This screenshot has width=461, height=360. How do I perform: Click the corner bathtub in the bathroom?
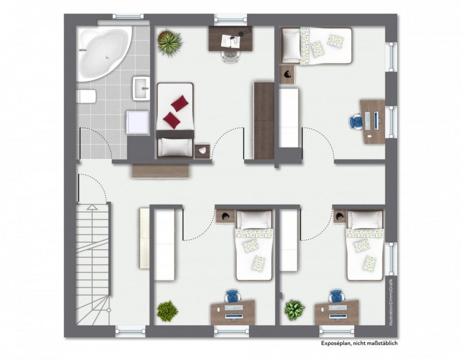pos(103,53)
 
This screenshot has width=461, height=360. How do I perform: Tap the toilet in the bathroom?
pos(86,96)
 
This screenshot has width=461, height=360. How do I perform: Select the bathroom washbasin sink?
pos(141,88)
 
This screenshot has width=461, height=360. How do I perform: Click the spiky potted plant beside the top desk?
pos(170,41)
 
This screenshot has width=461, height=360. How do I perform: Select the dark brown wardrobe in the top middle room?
pos(264,121)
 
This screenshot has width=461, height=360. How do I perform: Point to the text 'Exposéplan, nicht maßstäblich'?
pos(359,343)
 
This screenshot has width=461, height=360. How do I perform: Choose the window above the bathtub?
pos(128,17)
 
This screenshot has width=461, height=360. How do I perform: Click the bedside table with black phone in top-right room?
pos(287,74)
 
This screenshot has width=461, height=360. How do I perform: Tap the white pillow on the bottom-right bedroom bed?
pos(365,219)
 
